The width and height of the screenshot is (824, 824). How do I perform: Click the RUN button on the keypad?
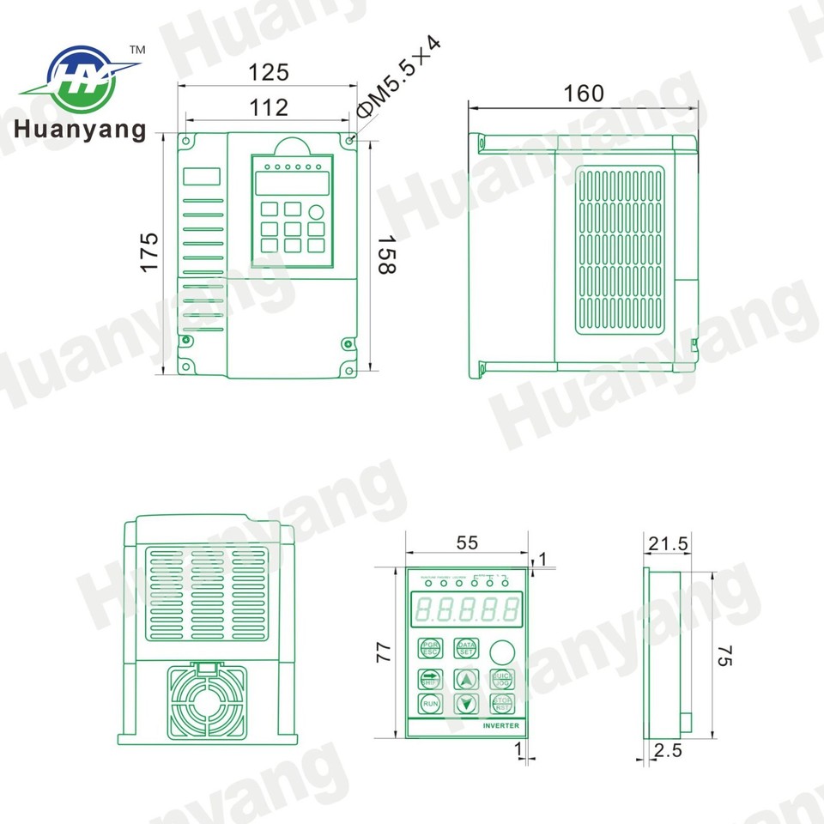point(430,705)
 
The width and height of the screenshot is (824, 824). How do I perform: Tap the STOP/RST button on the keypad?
point(501,705)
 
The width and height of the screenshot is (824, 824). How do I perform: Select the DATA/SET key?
point(466,648)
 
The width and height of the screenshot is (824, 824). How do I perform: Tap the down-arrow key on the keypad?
point(466,705)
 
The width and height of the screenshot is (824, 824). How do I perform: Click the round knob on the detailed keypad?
point(501,649)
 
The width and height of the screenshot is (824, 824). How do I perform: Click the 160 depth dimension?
point(584,93)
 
